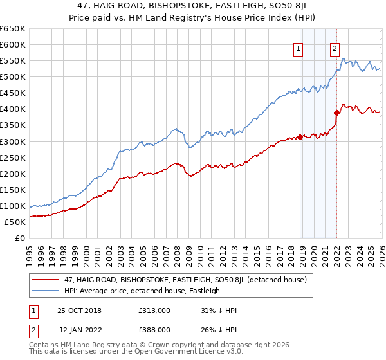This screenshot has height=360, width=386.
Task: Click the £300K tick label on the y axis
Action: pos(13,141)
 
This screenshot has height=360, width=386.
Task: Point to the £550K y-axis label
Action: pos(13,61)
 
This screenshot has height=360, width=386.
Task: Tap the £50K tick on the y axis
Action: pos(15,222)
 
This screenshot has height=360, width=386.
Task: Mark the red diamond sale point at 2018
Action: pos(300,137)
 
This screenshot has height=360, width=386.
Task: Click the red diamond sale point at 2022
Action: pos(336,113)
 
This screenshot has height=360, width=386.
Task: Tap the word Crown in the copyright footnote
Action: pos(159,345)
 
